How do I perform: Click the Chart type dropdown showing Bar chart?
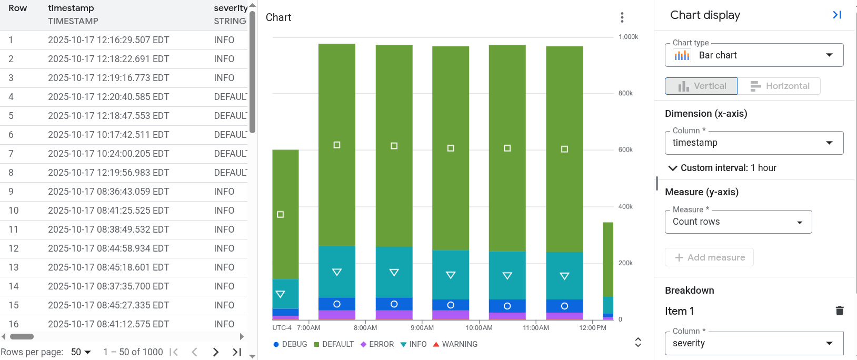(x=754, y=55)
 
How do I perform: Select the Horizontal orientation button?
(x=779, y=86)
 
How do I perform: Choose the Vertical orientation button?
(x=701, y=86)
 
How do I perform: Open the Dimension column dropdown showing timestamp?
(x=754, y=143)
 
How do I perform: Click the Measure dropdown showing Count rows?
(x=738, y=222)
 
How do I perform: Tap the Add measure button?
(x=709, y=257)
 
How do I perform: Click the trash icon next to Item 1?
(x=840, y=311)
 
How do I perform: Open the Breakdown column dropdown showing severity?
(x=754, y=343)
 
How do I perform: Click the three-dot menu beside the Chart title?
(x=622, y=17)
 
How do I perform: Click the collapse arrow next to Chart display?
(x=837, y=15)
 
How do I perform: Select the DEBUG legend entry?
(x=290, y=344)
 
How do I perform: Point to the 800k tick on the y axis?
(x=625, y=93)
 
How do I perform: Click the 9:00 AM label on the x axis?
(x=422, y=328)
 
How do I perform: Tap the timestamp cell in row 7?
(x=108, y=154)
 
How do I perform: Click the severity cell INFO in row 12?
(x=224, y=248)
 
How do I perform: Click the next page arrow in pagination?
(x=216, y=352)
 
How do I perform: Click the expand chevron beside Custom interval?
(x=672, y=168)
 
